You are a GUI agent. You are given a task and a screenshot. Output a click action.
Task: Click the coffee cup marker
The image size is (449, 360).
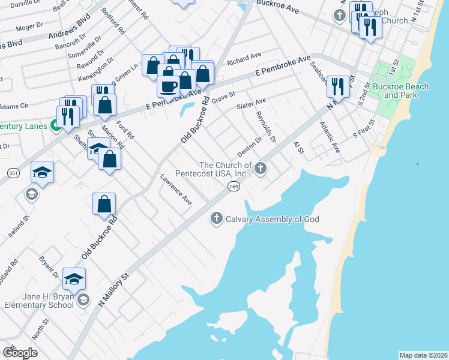tap(168, 85)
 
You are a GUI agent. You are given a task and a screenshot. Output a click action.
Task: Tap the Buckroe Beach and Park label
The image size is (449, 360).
tap(400, 91)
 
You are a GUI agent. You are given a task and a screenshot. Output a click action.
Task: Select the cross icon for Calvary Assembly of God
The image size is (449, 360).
tap(217, 219)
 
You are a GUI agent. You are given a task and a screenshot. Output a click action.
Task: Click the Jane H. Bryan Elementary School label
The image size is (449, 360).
tap(39, 300)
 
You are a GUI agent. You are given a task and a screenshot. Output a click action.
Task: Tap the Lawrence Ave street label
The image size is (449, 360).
tap(176, 190)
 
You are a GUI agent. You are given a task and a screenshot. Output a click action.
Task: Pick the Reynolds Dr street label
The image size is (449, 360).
tap(265, 127)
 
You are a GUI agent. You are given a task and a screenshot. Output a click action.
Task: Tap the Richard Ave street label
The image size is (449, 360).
tap(244, 58)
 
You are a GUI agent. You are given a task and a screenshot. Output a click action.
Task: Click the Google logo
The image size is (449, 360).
tap(20, 352)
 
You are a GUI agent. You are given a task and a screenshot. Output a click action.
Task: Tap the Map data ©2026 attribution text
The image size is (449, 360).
tap(423, 355)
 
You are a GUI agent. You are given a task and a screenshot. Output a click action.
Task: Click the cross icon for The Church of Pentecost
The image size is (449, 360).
tap(261, 168)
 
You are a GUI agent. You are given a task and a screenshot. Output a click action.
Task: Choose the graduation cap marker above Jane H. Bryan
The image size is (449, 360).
tap(74, 278)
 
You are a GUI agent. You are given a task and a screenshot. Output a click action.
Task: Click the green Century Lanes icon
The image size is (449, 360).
tap(55, 127)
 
